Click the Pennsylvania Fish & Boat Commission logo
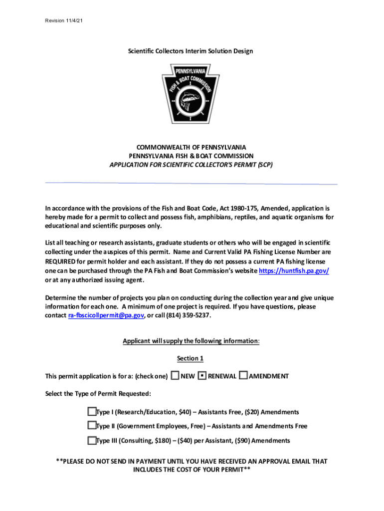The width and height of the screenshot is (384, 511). coord(192,94)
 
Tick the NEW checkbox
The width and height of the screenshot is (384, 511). coord(175,376)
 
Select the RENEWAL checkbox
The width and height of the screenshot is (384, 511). coord(202,376)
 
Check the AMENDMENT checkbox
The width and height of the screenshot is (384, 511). coord(243,376)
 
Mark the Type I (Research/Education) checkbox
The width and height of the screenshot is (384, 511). coord(91,412)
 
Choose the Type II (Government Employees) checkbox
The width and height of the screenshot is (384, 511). coord(91,426)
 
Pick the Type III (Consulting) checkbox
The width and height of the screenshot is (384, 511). coord(91,440)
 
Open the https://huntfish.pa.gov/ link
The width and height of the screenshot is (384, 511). coord(294,270)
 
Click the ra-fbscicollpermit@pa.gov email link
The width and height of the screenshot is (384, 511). coord(106,316)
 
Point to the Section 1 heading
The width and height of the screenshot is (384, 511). coord(191,358)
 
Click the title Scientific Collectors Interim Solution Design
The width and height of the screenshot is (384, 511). coord(191,51)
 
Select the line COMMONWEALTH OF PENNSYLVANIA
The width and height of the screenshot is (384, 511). coord(192,147)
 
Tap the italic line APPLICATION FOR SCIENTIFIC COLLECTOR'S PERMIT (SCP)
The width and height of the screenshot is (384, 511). coord(192,164)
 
